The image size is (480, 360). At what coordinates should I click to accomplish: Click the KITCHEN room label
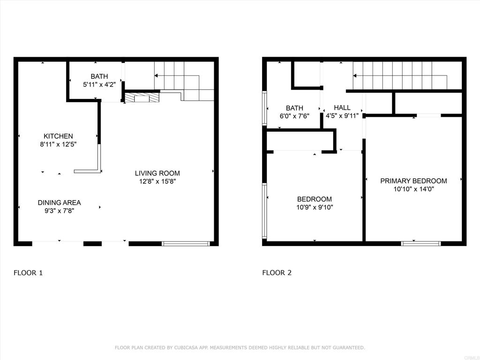tap(58, 136)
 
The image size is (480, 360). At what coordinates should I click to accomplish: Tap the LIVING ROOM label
tap(157, 173)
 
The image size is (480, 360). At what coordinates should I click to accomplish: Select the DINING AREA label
tap(59, 202)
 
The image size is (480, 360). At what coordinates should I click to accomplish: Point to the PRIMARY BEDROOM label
tap(413, 180)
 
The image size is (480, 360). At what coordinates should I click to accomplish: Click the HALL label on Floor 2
tap(342, 107)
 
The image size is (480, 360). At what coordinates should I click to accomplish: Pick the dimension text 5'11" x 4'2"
tap(99, 84)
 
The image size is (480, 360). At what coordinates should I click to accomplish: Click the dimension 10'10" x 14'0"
tap(413, 189)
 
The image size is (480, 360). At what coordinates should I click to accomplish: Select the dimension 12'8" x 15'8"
tap(157, 181)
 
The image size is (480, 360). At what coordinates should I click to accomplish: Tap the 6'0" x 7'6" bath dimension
tap(294, 116)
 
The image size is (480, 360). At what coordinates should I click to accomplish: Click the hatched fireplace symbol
tap(142, 97)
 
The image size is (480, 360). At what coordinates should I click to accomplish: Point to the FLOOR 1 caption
tap(28, 273)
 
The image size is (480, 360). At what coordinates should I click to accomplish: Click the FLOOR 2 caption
tap(277, 273)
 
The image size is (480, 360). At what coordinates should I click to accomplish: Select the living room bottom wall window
tap(186, 244)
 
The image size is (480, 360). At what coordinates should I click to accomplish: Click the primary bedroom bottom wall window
tap(421, 244)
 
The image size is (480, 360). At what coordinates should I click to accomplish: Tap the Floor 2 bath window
tap(264, 108)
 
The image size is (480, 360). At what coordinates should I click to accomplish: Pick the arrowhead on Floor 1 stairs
tap(156, 75)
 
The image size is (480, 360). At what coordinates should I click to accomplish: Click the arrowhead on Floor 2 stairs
tap(355, 75)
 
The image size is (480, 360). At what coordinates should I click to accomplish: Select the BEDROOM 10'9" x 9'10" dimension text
tap(315, 207)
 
